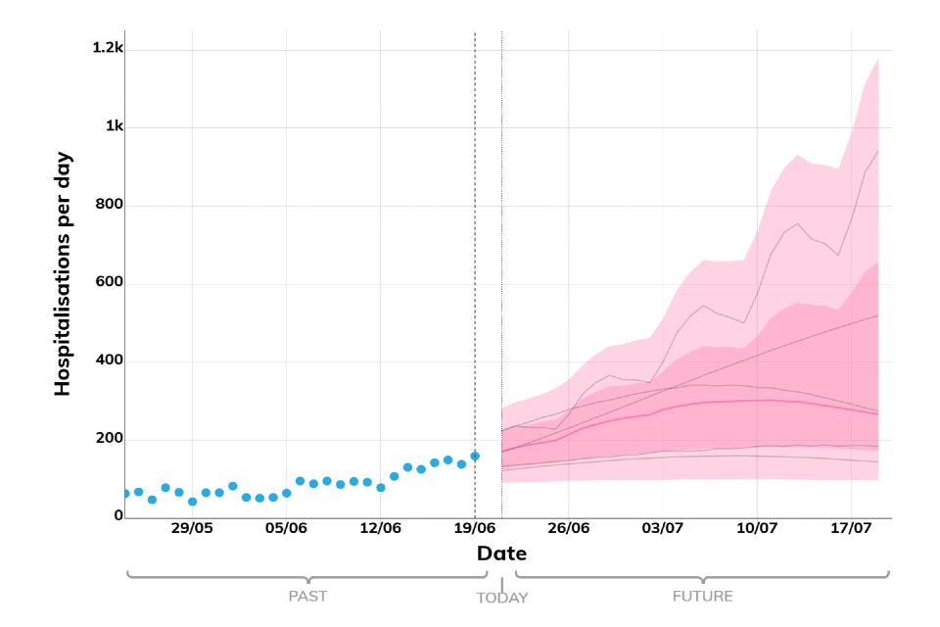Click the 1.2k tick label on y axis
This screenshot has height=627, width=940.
pyautogui.click(x=108, y=47)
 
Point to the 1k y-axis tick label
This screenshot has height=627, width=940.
pyautogui.click(x=114, y=126)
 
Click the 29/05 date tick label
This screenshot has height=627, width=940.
pyautogui.click(x=192, y=528)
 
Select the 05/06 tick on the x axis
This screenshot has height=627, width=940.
pyautogui.click(x=286, y=528)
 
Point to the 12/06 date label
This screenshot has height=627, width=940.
pyautogui.click(x=381, y=528)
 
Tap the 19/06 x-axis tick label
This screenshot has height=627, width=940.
pyautogui.click(x=475, y=528)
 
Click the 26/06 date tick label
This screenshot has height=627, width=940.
pyautogui.click(x=569, y=528)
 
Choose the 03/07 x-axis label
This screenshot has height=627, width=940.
pyautogui.click(x=663, y=528)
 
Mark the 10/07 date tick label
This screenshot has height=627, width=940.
pyautogui.click(x=757, y=528)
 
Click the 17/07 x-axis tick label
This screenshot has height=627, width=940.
pyautogui.click(x=851, y=528)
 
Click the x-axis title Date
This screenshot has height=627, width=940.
pyautogui.click(x=501, y=554)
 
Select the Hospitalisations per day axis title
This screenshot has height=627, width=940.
pyautogui.click(x=63, y=273)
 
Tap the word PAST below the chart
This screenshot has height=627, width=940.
pyautogui.click(x=307, y=596)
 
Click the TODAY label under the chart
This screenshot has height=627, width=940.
pyautogui.click(x=501, y=598)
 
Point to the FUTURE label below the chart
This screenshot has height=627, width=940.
pyautogui.click(x=702, y=596)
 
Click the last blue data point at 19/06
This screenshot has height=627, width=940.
pyautogui.click(x=475, y=456)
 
